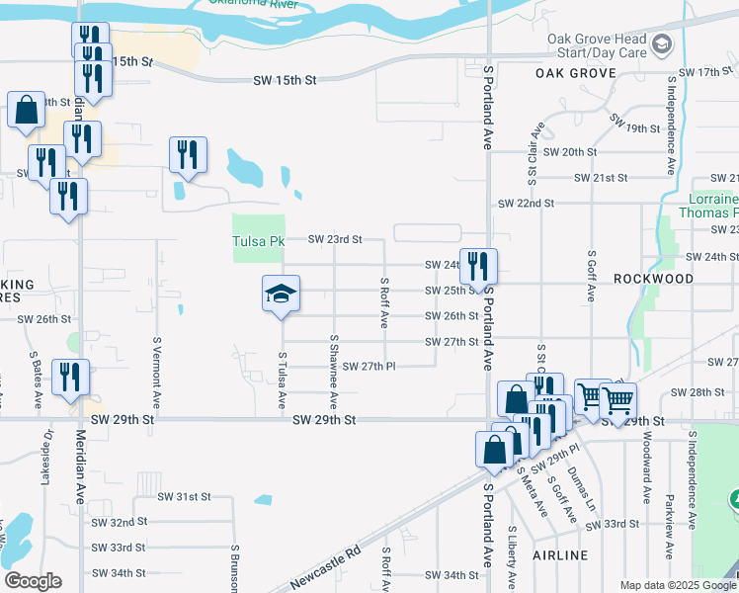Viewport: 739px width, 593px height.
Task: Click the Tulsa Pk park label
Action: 258,241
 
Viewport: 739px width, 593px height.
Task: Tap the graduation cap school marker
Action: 281,294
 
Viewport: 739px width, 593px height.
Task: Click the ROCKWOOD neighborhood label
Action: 653,280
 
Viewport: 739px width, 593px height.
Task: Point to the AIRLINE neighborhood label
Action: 560,555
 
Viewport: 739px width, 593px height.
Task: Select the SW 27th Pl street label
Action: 364,367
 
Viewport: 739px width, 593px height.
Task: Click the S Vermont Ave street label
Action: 157,373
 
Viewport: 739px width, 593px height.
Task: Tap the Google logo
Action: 32,581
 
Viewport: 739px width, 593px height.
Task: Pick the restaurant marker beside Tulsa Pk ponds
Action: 186,155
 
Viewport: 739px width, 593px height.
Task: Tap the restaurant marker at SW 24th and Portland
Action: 478,266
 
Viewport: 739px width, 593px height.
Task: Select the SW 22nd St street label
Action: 527,203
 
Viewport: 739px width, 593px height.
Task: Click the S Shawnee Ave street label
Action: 335,373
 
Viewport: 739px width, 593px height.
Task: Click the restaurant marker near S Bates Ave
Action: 70,378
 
